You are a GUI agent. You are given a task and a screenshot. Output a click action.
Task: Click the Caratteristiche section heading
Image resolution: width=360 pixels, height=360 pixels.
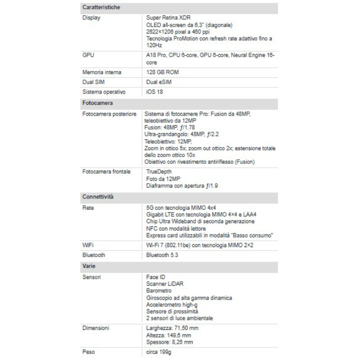pyautogui.click(x=101, y=8)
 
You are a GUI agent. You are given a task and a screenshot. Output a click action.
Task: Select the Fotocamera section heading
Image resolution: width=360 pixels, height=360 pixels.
pyautogui.click(x=97, y=103)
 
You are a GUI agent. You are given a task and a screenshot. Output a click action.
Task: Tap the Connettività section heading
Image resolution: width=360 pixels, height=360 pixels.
pyautogui.click(x=98, y=197)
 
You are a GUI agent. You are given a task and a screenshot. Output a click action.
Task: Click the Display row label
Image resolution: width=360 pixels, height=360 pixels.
pyautogui.click(x=91, y=18)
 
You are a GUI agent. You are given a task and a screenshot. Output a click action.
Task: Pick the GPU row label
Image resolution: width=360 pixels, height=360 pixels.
pyautogui.click(x=88, y=55)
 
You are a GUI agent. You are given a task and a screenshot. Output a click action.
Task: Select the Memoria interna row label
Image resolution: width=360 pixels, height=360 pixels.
pyautogui.click(x=102, y=72)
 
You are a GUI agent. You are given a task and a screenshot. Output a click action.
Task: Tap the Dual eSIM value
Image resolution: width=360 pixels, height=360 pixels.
pyautogui.click(x=159, y=82)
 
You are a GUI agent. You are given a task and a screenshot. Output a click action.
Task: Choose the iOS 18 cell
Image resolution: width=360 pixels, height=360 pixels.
pyautogui.click(x=154, y=92)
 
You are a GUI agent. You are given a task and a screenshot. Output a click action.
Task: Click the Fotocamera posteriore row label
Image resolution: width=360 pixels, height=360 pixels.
pyautogui.click(x=109, y=114)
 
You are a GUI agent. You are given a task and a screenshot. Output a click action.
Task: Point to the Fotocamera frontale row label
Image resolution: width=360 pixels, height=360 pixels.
pyautogui.click(x=107, y=171)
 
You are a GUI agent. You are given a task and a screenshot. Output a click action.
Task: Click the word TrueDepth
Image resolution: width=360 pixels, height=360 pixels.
pyautogui.click(x=159, y=171)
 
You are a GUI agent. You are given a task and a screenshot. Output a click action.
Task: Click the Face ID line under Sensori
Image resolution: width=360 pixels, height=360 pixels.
pyautogui.click(x=156, y=277)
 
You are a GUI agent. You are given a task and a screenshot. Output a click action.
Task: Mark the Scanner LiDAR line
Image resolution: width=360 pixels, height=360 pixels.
pyautogui.click(x=165, y=283)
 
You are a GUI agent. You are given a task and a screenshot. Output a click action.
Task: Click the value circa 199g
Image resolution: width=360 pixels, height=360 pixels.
pyautogui.click(x=159, y=351)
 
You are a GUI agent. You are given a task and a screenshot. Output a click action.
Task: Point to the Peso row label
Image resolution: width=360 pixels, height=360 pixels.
pyautogui.click(x=89, y=351)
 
